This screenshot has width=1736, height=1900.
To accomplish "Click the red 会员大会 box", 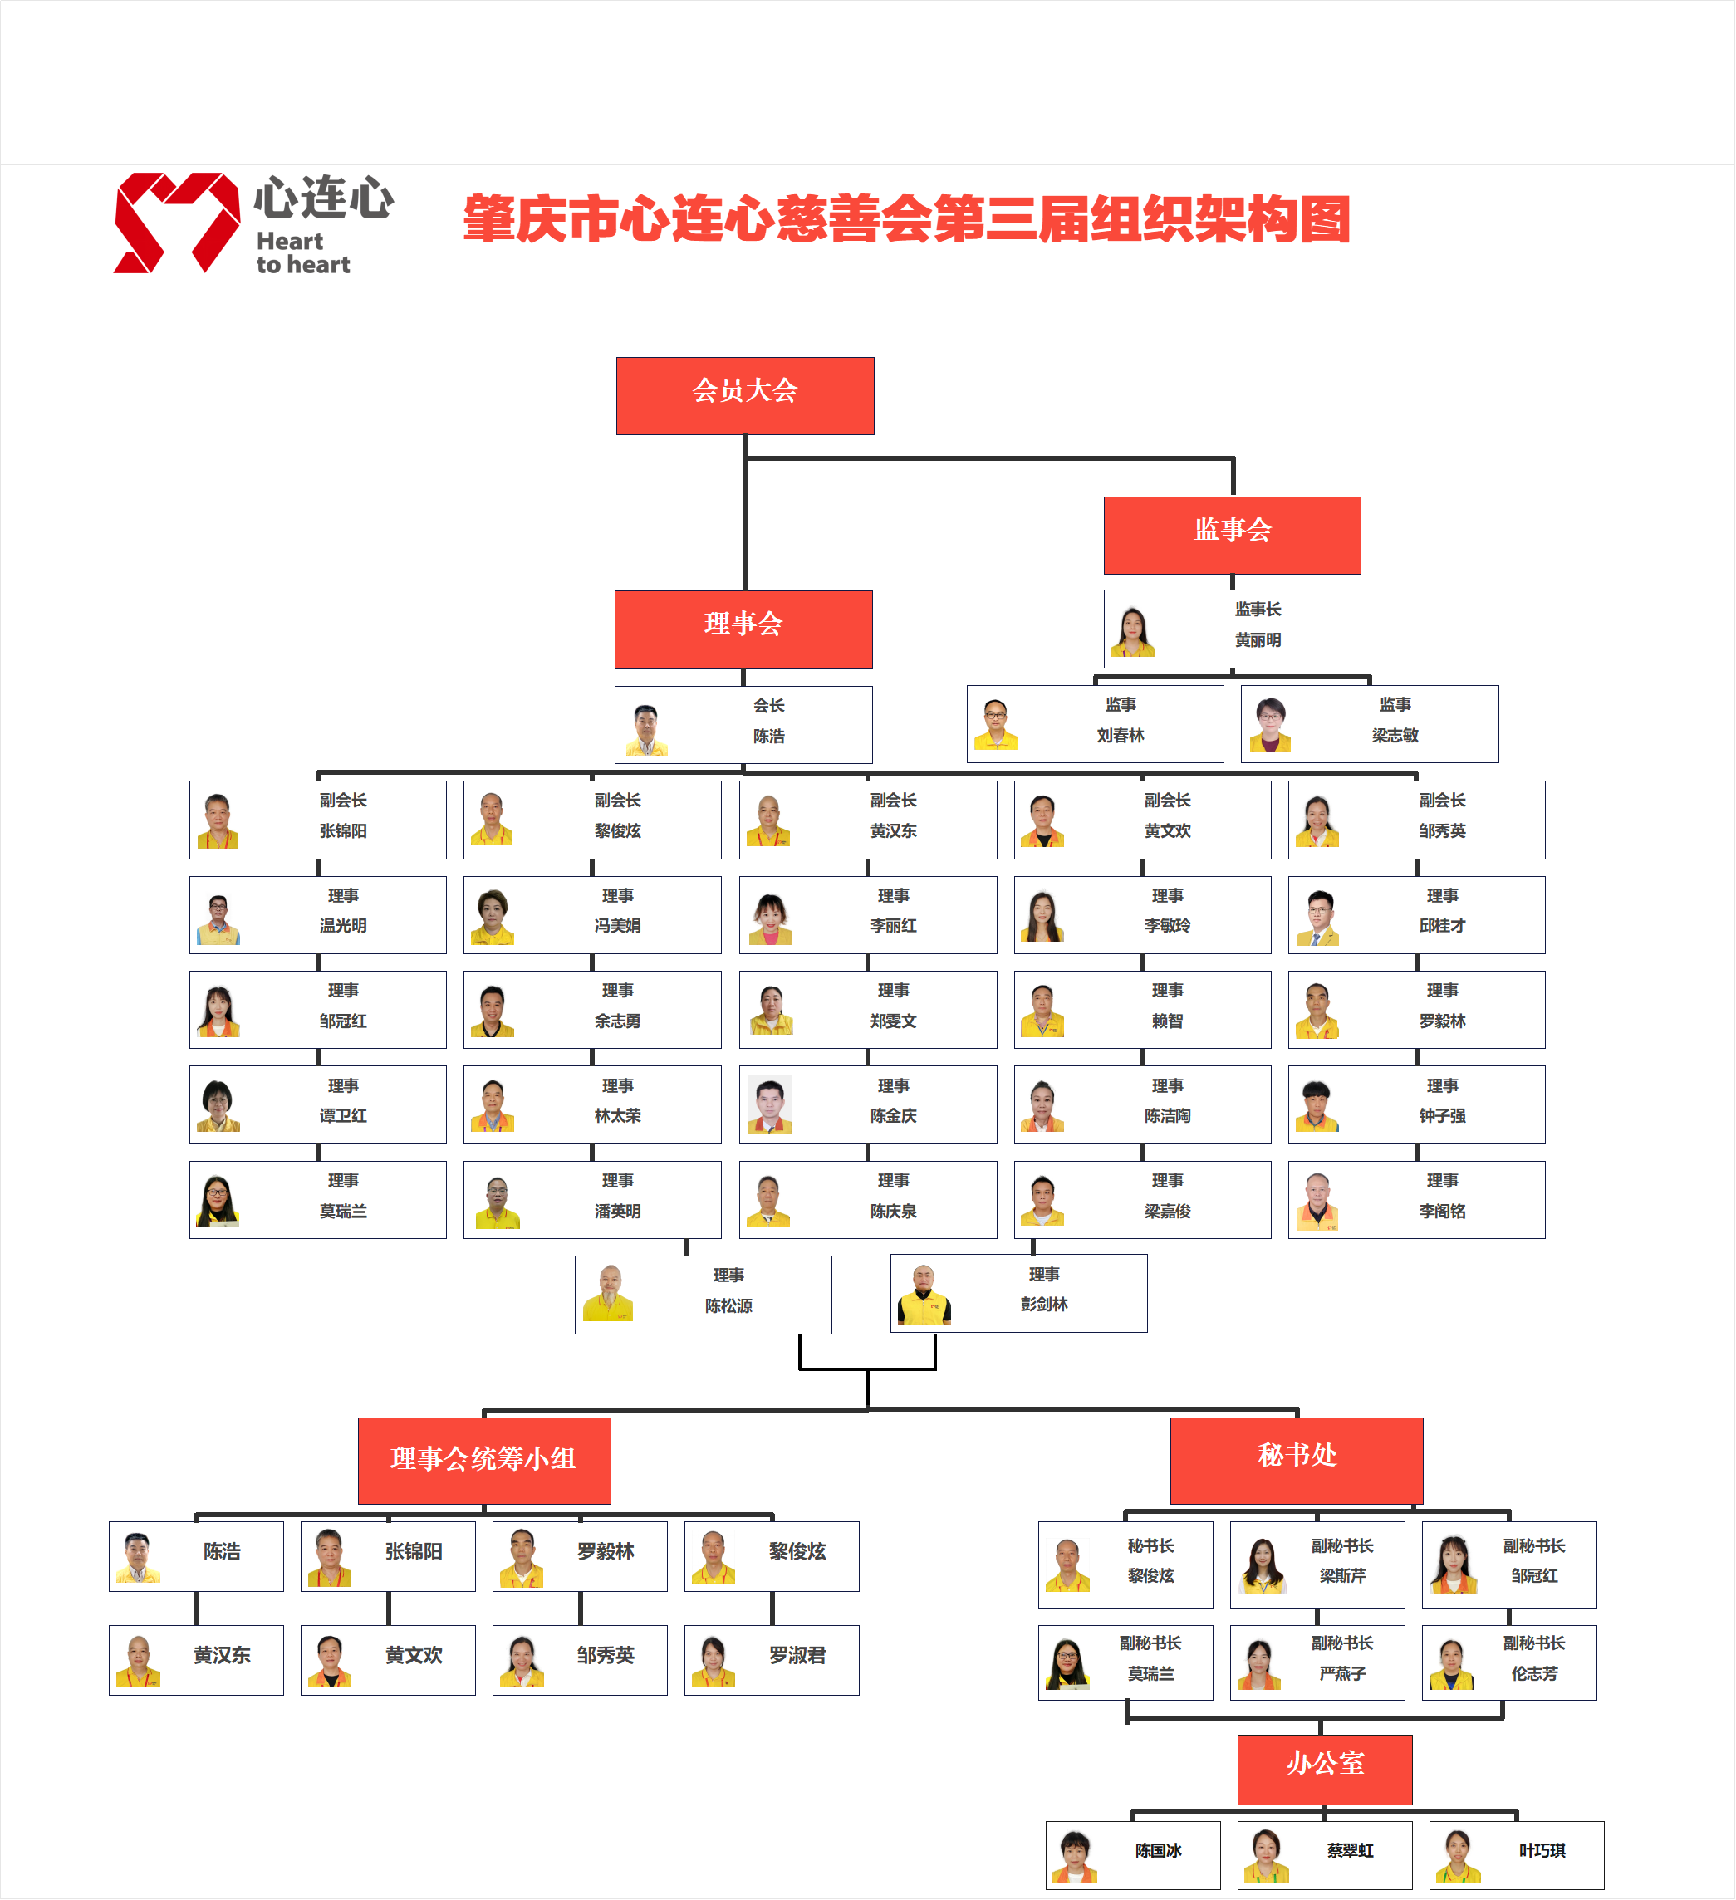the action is (744, 396).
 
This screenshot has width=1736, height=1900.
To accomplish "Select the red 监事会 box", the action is (1232, 536).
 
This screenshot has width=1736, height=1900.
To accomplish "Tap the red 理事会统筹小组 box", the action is (483, 1460).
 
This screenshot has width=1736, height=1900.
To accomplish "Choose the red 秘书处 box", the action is (1296, 1460).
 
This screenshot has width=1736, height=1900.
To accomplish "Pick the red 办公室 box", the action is (1324, 1769).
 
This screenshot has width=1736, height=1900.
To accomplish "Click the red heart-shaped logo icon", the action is (176, 223).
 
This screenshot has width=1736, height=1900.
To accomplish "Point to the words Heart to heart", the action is (302, 253).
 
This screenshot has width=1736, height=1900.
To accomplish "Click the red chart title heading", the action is (907, 219).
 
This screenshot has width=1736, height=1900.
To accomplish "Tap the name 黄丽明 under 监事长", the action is (1258, 640).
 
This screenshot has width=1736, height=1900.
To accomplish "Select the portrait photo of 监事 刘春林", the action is (995, 724).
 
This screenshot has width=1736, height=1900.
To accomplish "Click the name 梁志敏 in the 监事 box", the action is (1395, 735).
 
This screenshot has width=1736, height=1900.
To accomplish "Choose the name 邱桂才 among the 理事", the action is (1442, 925).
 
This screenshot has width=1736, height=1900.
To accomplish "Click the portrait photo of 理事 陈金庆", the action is (769, 1104).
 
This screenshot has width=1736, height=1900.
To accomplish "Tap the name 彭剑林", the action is (1043, 1305).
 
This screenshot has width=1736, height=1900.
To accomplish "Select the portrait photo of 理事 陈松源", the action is (608, 1293).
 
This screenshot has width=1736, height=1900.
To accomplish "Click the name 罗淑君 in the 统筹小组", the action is (797, 1655).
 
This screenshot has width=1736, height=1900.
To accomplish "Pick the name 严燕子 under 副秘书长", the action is (1342, 1674).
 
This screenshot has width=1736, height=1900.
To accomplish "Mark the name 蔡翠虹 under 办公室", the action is (1350, 1851).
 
